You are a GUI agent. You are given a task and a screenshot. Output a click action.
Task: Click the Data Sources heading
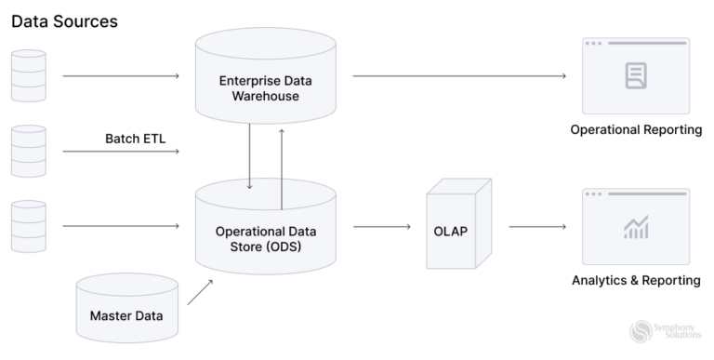64,20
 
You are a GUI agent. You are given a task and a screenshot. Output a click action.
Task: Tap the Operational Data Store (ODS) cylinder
266,233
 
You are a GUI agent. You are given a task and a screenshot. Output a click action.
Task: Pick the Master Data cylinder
126,312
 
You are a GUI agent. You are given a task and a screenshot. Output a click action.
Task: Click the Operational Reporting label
636,129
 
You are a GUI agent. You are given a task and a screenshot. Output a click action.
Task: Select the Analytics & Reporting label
636,280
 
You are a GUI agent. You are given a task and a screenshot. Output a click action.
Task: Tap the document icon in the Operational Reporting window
636,75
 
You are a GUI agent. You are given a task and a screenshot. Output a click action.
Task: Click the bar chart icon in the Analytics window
636,226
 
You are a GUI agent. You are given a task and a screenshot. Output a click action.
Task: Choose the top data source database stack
26,75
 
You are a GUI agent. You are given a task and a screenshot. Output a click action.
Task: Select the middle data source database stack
26,151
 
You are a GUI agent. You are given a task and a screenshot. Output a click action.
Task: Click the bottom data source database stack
26,226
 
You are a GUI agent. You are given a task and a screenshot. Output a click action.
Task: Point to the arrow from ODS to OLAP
382,226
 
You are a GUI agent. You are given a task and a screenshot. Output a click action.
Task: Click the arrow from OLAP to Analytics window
537,226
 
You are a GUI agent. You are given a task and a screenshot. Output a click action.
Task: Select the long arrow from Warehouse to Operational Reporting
460,75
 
